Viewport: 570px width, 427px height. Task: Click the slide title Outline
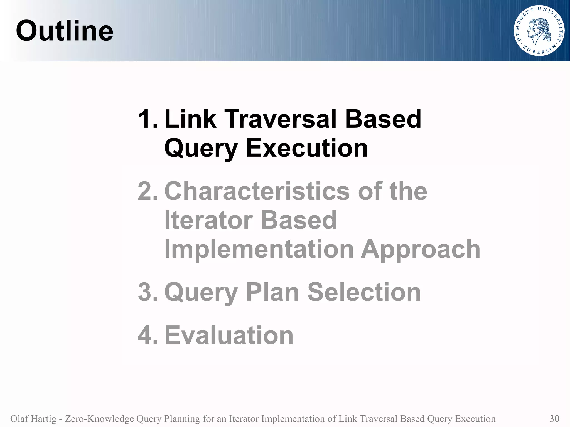pyautogui.click(x=65, y=31)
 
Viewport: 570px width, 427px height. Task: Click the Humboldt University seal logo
pyautogui.click(x=539, y=31)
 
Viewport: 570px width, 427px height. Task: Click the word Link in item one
pyautogui.click(x=190, y=119)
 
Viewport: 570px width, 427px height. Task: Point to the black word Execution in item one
pyautogui.click(x=307, y=148)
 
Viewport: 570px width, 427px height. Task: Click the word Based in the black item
pyautogui.click(x=383, y=119)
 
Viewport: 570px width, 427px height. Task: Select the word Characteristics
pyautogui.click(x=257, y=191)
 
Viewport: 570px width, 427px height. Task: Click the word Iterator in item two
pyautogui.click(x=208, y=220)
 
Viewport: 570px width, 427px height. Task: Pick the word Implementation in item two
pyautogui.click(x=259, y=249)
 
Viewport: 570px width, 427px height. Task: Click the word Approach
pyautogui.click(x=421, y=249)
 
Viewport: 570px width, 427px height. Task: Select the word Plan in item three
pyautogui.click(x=272, y=292)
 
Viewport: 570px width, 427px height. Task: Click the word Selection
pyautogui.click(x=364, y=292)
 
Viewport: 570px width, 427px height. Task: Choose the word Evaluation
pyautogui.click(x=229, y=335)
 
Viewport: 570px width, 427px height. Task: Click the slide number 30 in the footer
pyautogui.click(x=554, y=419)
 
